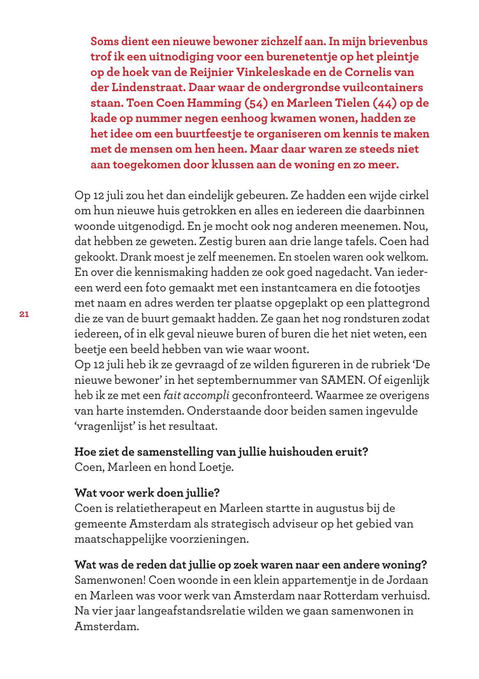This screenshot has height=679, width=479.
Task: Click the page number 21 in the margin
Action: [x=24, y=314]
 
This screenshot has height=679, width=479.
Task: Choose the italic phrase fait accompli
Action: [x=196, y=395]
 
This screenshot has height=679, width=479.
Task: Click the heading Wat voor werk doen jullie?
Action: [x=147, y=493]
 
